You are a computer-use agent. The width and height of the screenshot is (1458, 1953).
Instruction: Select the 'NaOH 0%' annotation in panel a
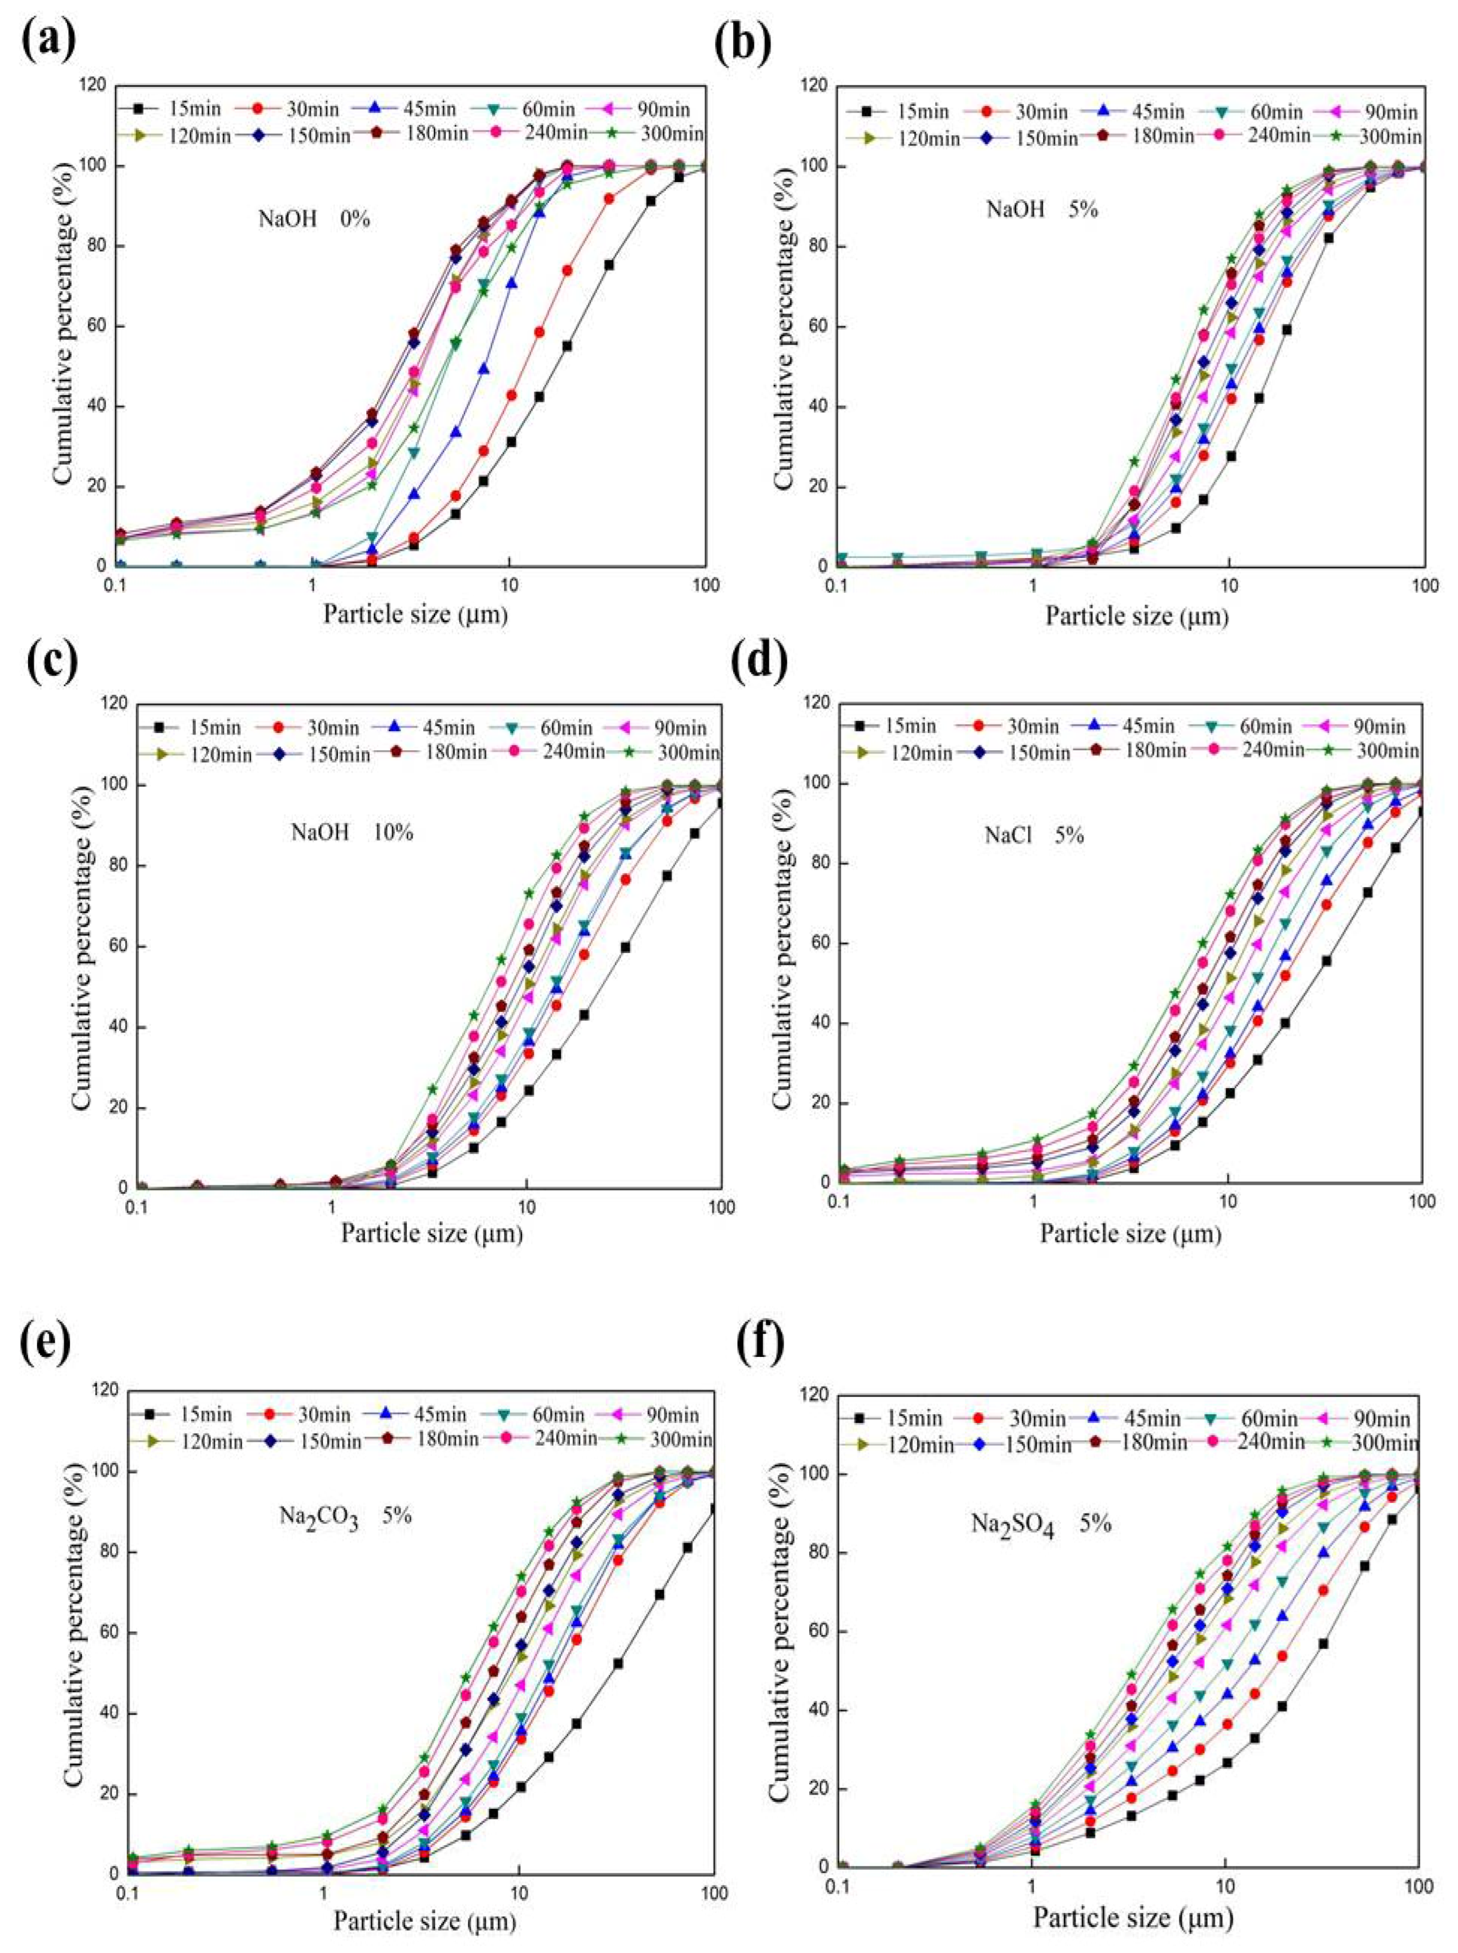click(314, 218)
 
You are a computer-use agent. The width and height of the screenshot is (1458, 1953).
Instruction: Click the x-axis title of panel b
click(1137, 615)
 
